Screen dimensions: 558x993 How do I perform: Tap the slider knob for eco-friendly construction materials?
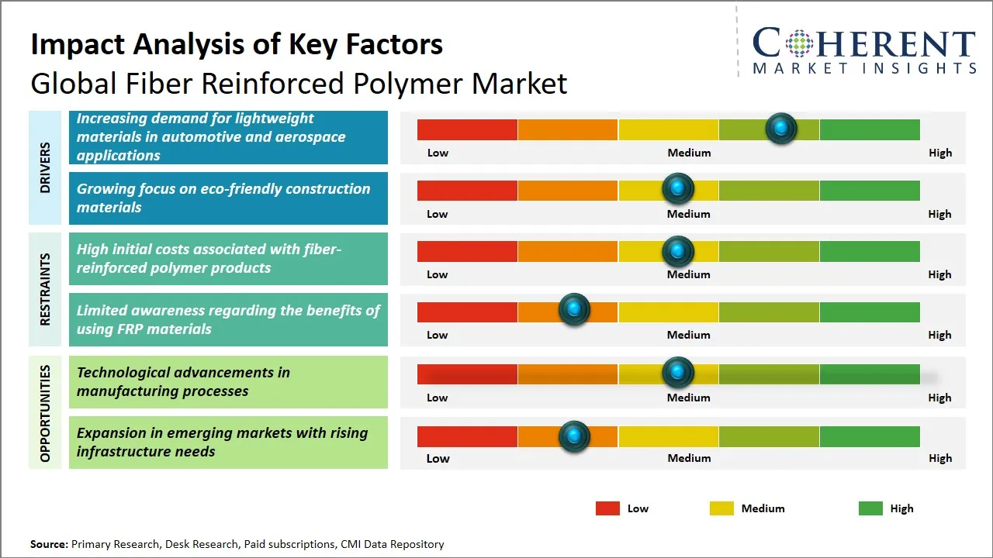tap(678, 189)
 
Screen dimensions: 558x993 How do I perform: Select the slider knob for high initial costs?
tap(678, 251)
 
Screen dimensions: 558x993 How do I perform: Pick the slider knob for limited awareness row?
tap(574, 310)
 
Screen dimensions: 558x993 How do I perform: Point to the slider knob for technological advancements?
tap(678, 373)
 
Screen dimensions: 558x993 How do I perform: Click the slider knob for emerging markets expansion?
tap(574, 436)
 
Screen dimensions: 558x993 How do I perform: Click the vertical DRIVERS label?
tap(45, 167)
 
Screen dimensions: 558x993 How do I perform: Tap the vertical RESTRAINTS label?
tap(45, 289)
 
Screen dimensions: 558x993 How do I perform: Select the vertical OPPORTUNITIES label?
tap(45, 414)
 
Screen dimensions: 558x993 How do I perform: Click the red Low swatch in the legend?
tap(607, 508)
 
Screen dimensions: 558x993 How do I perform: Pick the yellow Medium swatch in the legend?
tap(721, 508)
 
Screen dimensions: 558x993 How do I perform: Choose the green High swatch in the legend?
tap(870, 508)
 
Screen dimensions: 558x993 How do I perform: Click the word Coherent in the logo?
tap(863, 44)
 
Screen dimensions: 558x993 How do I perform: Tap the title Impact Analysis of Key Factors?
tap(237, 44)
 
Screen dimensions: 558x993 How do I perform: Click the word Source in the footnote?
tap(49, 544)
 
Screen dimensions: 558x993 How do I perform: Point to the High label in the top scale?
tap(940, 153)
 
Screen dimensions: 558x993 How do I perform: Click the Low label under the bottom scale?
tap(438, 458)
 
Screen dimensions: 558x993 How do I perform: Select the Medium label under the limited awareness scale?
tap(689, 335)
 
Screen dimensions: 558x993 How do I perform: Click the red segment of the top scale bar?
tap(467, 129)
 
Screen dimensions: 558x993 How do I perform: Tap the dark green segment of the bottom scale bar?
tap(870, 436)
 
